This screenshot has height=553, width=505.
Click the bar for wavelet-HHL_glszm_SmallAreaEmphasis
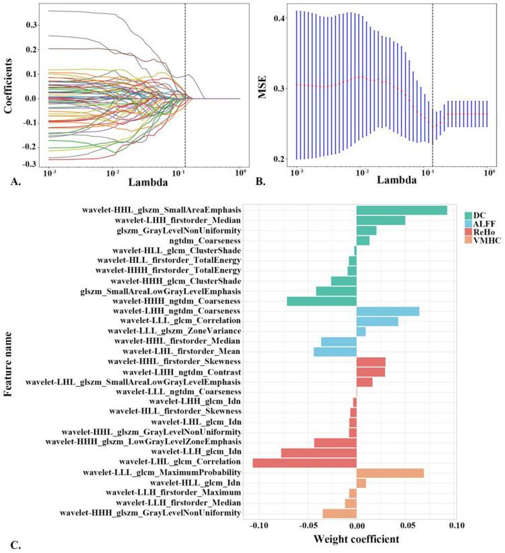pos(401,210)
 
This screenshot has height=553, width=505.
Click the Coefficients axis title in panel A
pos(9,87)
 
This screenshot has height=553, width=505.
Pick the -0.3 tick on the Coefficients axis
pos(30,164)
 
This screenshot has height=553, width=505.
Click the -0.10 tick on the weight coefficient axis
pos(257,525)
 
